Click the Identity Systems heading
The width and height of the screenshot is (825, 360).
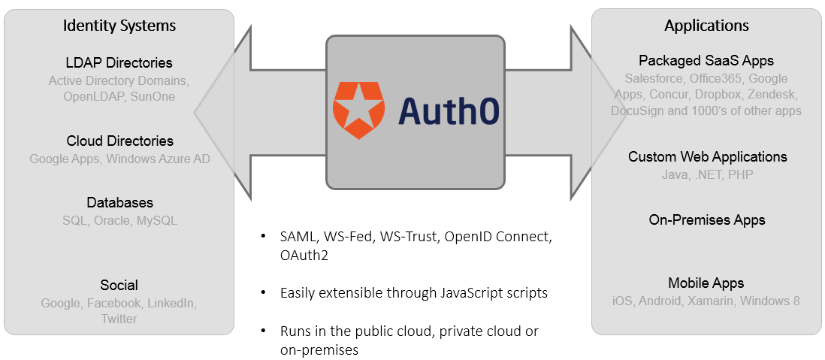pyautogui.click(x=119, y=26)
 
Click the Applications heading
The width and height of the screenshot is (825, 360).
pyautogui.click(x=706, y=26)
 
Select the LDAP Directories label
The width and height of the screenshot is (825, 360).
pyautogui.click(x=119, y=63)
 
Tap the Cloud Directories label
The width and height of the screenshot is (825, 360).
pyautogui.click(x=119, y=141)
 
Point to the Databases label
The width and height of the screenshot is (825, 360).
pyautogui.click(x=119, y=203)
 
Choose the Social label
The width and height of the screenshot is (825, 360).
pyautogui.click(x=119, y=286)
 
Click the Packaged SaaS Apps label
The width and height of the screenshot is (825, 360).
pyautogui.click(x=706, y=61)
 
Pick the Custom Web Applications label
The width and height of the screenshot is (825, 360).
pyautogui.click(x=707, y=157)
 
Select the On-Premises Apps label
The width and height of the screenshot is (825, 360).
pyautogui.click(x=707, y=220)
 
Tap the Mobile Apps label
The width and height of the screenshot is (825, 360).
pyautogui.click(x=706, y=283)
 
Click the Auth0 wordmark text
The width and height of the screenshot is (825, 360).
pyautogui.click(x=449, y=111)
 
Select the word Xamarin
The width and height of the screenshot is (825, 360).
pyautogui.click(x=711, y=301)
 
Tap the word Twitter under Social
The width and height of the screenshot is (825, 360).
pyautogui.click(x=119, y=319)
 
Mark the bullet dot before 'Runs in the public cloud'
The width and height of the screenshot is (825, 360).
pyautogui.click(x=263, y=331)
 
